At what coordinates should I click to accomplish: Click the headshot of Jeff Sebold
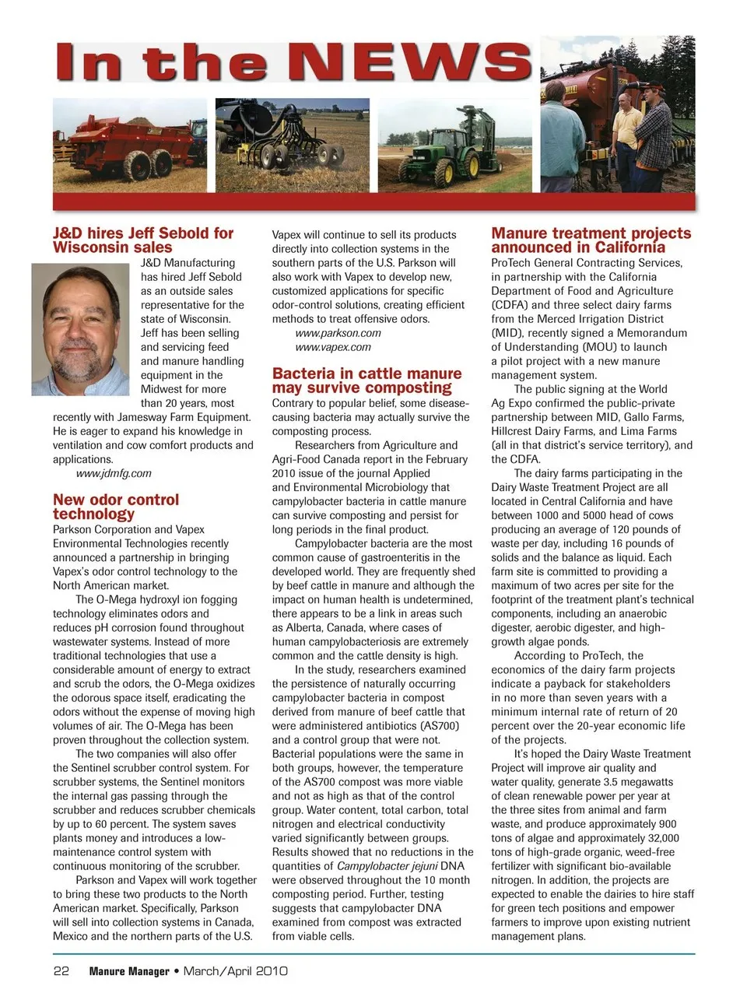point(80,328)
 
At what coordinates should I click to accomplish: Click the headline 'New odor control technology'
point(116,507)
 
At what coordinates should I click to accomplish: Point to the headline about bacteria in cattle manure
point(366,381)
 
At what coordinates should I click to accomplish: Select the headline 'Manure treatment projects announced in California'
point(591,240)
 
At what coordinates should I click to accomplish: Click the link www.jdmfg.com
point(114,473)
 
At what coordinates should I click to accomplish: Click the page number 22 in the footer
point(61,971)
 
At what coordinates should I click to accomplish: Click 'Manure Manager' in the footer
point(129,971)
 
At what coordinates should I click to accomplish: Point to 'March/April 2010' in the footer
point(236,971)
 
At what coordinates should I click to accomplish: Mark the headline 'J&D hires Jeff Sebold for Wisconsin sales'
point(143,240)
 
